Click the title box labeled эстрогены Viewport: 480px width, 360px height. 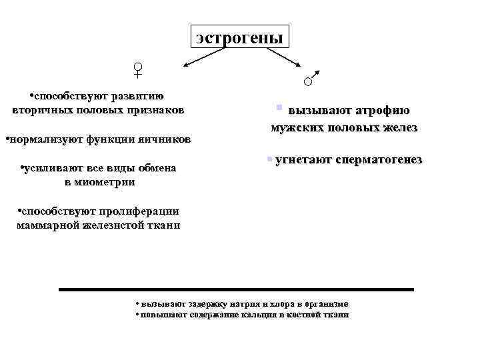tap(239, 37)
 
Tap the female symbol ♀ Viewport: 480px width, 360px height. tap(138, 71)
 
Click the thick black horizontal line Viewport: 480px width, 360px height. tap(236, 289)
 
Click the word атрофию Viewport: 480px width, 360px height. tap(382, 111)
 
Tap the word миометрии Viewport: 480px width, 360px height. tap(108, 181)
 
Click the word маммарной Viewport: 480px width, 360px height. tap(47, 225)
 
